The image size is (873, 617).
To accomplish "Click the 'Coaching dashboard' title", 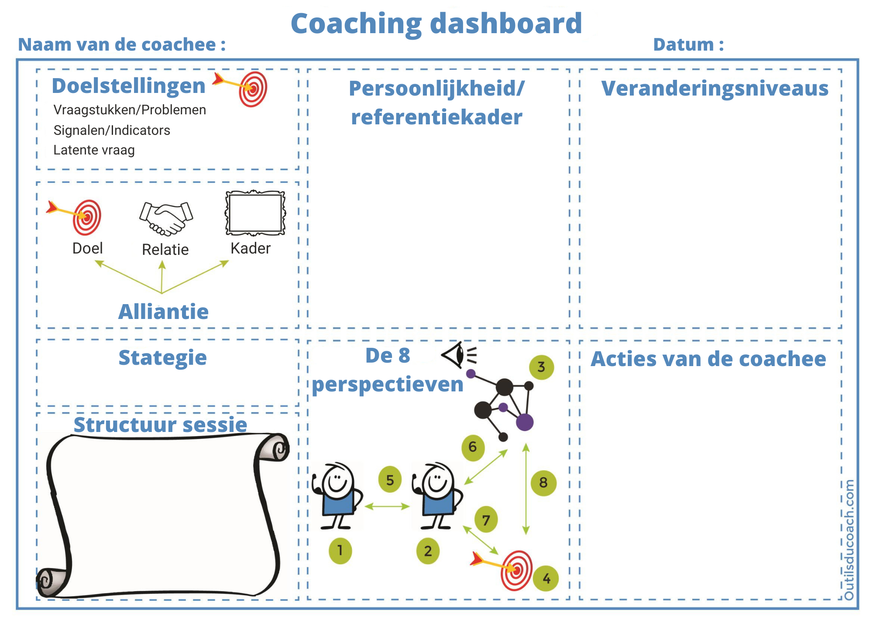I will coord(436,24).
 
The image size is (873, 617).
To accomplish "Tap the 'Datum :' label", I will coord(688,45).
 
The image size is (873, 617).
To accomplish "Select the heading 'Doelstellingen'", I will coord(129,86).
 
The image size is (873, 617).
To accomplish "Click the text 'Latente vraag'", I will coord(94,150).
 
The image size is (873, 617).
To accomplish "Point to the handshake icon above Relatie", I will coord(166,218).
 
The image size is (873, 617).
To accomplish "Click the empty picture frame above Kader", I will coord(255,213).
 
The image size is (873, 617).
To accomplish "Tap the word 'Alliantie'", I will coord(164,312).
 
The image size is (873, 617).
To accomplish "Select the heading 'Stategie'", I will coord(162,358).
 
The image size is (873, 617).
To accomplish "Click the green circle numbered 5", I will coord(390,480).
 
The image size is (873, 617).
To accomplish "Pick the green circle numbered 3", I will coord(541,367).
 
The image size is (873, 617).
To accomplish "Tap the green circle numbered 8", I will coord(543,483).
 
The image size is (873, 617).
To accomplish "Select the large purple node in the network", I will coord(525,422).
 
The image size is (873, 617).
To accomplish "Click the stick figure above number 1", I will coord(337,495).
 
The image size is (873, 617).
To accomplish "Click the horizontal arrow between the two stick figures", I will coord(387,507).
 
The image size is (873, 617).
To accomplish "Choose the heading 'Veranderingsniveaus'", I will coord(715,89).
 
